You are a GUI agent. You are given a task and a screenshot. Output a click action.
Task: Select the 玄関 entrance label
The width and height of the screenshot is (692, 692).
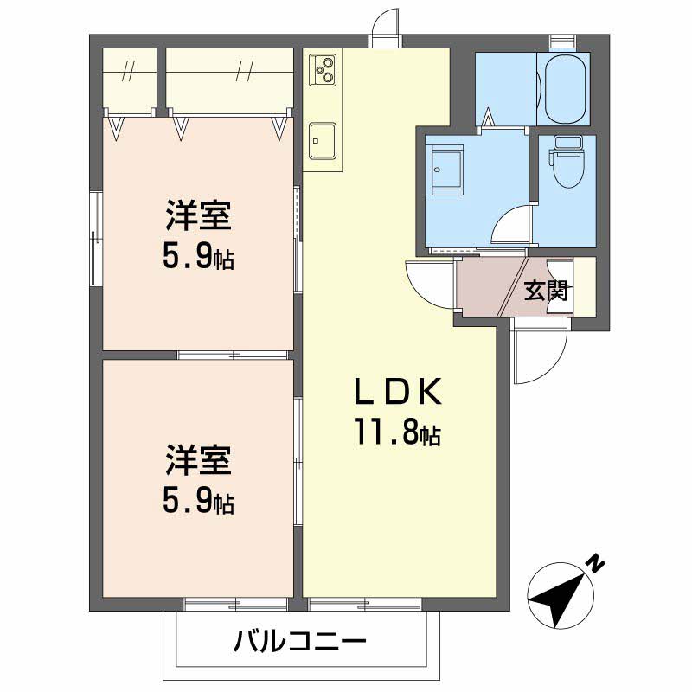click(x=546, y=291)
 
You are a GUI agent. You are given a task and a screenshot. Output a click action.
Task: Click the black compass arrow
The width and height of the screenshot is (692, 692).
click(x=560, y=598)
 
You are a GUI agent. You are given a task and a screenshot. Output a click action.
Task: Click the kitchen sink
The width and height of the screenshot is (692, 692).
click(x=324, y=138)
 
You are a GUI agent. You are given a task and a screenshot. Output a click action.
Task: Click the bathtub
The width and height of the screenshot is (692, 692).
click(x=562, y=88)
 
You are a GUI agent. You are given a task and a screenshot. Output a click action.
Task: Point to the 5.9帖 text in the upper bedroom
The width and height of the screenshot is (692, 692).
click(x=199, y=256)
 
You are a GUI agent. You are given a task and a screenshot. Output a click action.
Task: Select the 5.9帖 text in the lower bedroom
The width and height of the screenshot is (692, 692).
click(x=199, y=501)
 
